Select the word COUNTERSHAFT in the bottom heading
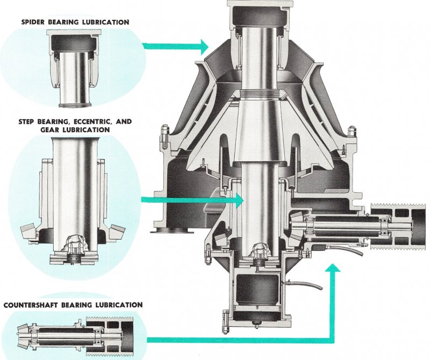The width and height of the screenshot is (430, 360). click(x=31, y=305)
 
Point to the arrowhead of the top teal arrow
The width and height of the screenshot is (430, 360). click(x=203, y=47)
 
